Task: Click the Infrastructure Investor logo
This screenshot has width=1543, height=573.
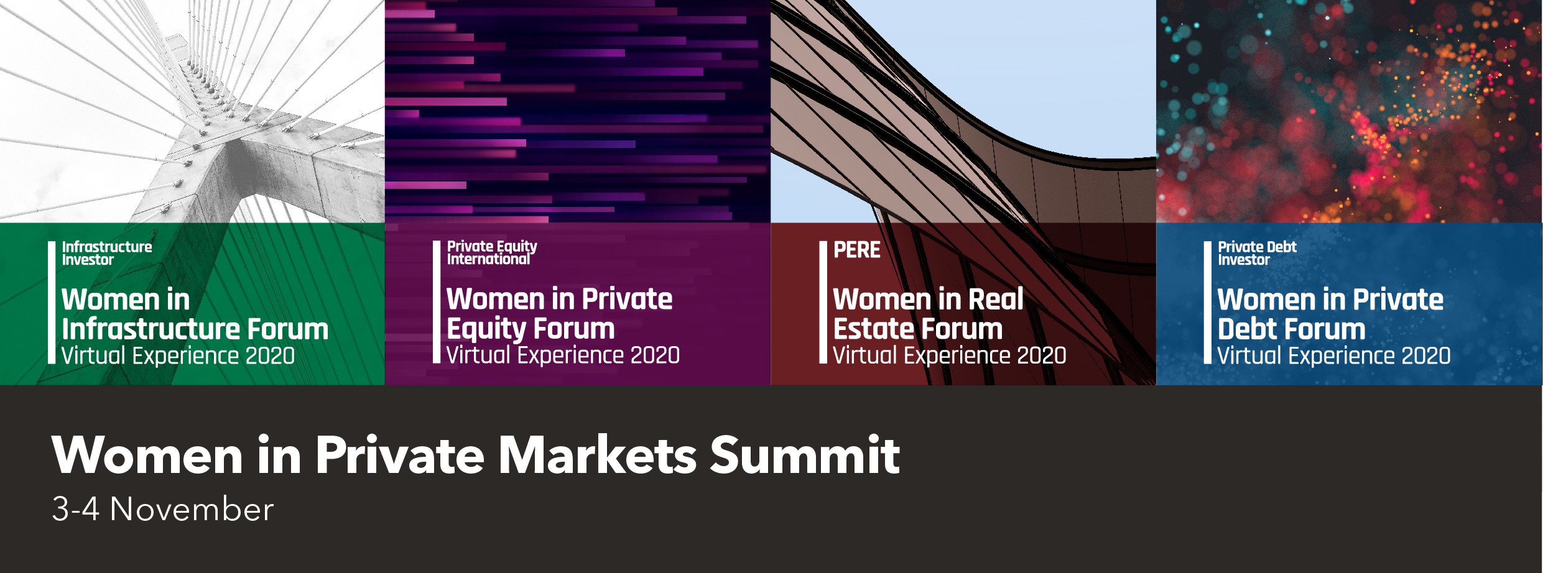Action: pyautogui.click(x=107, y=253)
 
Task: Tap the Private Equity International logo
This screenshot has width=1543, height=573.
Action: pyautogui.click(x=492, y=252)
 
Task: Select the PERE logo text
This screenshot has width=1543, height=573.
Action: pyautogui.click(x=856, y=250)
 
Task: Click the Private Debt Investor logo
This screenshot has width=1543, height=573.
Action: pyautogui.click(x=1257, y=253)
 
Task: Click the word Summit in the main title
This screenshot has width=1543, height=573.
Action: pyautogui.click(x=805, y=455)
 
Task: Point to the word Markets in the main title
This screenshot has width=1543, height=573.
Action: pyautogui.click(x=598, y=455)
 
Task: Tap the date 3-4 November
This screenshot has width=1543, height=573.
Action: pyautogui.click(x=163, y=509)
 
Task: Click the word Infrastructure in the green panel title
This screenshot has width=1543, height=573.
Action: pyautogui.click(x=151, y=329)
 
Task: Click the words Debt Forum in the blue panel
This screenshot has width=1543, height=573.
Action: pyautogui.click(x=1291, y=329)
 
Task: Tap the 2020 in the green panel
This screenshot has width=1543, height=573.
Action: pyautogui.click(x=270, y=355)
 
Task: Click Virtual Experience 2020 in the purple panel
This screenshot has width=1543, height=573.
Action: pyautogui.click(x=563, y=355)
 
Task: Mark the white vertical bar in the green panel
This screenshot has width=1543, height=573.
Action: pyautogui.click(x=52, y=302)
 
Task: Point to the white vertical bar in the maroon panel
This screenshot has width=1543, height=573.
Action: pyautogui.click(x=823, y=302)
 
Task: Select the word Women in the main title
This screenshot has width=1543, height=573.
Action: pyautogui.click(x=147, y=455)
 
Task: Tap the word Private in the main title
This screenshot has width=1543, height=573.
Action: pyautogui.click(x=400, y=455)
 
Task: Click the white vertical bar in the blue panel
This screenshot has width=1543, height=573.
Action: pyautogui.click(x=1208, y=302)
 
